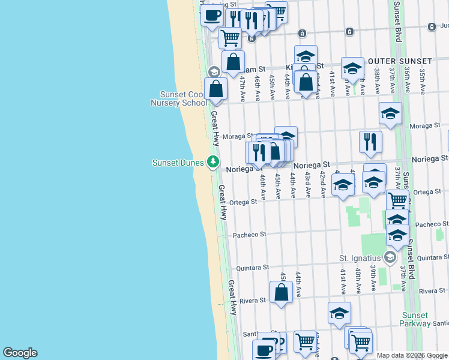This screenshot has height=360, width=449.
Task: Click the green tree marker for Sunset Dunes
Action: tap(212, 161)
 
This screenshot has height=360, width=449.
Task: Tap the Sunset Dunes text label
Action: tap(178, 163)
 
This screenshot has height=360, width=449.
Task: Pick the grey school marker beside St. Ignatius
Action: tap(390, 258)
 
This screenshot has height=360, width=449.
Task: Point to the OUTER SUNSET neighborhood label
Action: tap(400, 61)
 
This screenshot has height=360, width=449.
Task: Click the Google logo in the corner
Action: tap(20, 353)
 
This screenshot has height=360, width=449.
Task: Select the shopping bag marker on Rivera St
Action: tap(281, 293)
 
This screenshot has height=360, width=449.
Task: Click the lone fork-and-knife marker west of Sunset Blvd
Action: tap(370, 141)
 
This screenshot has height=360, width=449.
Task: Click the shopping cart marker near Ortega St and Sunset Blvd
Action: tap(397, 200)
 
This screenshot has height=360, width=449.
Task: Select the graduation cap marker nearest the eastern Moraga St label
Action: tap(390, 113)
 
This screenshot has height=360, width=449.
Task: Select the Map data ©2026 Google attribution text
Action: tap(412, 355)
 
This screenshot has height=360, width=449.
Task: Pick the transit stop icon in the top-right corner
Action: tap(431, 27)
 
